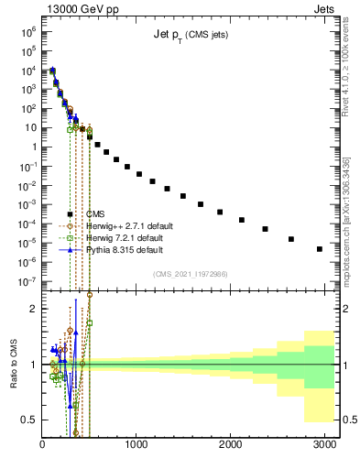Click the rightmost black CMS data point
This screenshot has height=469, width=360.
pyautogui.click(x=319, y=248)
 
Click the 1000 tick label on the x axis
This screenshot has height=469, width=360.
pyautogui.click(x=136, y=446)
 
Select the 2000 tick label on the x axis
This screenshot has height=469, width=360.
pyautogui.click(x=230, y=446)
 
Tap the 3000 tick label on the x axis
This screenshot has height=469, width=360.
pyautogui.click(x=323, y=446)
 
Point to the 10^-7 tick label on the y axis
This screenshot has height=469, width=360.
pyautogui.click(x=28, y=282)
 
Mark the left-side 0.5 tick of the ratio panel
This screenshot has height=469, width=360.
pyautogui.click(x=28, y=420)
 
